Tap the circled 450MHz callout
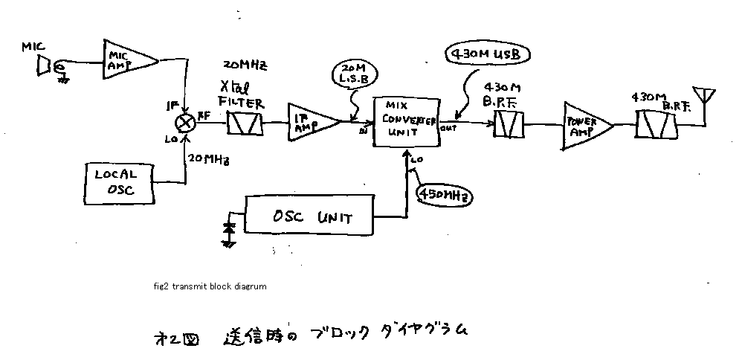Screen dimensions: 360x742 (443, 195)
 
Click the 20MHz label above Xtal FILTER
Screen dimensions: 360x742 (244, 66)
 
